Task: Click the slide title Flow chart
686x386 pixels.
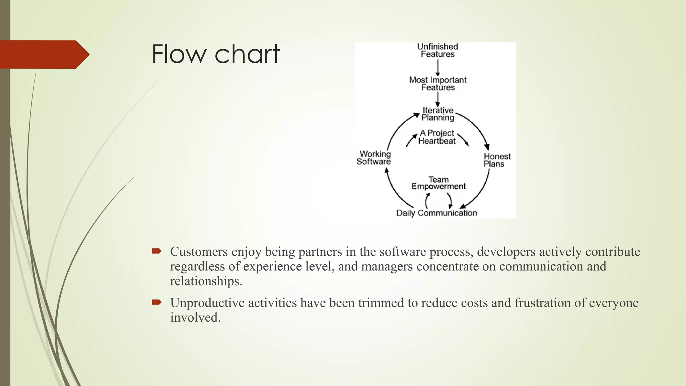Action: point(215,54)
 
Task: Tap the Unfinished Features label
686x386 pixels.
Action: point(437,50)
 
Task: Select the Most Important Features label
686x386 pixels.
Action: point(438,83)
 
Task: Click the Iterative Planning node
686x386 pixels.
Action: point(438,114)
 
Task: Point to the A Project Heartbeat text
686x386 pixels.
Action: point(437,137)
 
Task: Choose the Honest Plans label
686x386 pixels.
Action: point(497,160)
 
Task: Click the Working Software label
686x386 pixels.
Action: point(374,158)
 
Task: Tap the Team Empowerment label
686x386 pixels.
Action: point(438,183)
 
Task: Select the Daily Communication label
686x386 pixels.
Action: point(436,213)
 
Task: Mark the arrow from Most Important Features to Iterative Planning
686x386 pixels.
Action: point(438,100)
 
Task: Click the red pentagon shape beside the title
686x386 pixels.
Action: point(44,54)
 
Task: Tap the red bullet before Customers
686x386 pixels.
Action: point(156,251)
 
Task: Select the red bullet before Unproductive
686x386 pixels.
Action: point(156,302)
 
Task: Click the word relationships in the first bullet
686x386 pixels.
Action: point(206,281)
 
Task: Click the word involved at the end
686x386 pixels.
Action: point(195,317)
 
